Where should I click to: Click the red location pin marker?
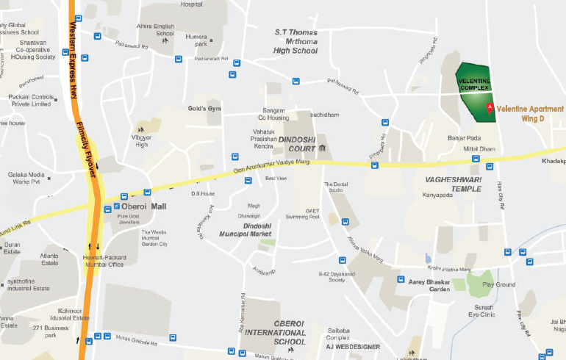(x=490, y=109)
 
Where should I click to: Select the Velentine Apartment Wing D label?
(x=530, y=114)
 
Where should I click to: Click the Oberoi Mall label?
(x=145, y=206)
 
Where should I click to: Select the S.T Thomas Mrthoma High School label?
(x=295, y=41)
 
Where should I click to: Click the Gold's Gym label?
(x=204, y=109)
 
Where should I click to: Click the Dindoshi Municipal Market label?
(x=241, y=229)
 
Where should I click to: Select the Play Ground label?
(x=499, y=284)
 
